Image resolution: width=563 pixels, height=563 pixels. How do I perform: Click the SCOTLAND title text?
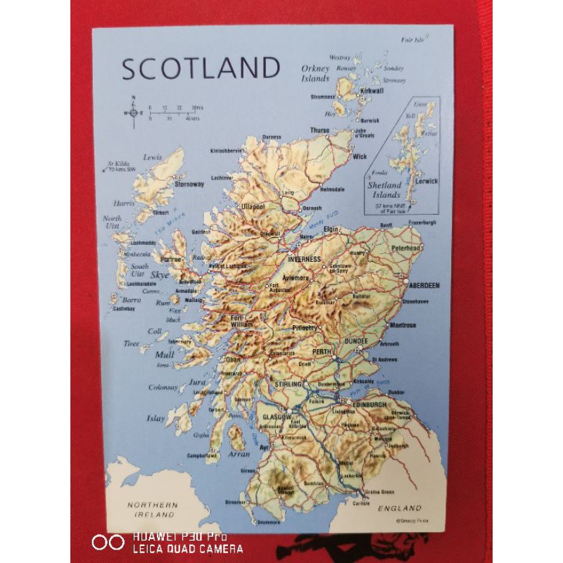(201, 68)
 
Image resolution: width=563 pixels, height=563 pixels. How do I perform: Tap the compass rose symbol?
(132, 113)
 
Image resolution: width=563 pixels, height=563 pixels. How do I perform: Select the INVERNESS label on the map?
(304, 259)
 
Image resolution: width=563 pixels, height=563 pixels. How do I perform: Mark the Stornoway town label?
(189, 184)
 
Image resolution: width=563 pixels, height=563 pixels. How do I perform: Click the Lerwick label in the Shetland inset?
(426, 181)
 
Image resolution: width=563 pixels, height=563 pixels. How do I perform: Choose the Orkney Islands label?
(315, 74)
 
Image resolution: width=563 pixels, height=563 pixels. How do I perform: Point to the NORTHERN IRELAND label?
(153, 510)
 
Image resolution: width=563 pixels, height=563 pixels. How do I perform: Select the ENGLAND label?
(399, 507)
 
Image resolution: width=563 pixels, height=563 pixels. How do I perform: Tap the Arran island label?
(241, 455)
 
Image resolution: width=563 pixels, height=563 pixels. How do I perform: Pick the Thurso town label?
(320, 130)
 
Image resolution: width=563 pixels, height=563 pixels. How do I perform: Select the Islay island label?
(156, 418)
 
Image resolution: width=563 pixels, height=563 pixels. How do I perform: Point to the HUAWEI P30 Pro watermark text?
(179, 536)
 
